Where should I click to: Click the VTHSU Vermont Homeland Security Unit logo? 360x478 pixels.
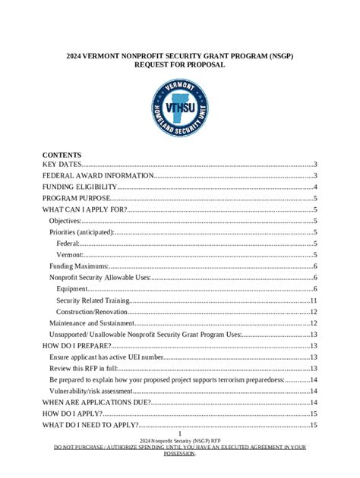(x=180, y=108)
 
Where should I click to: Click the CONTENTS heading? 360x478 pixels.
(x=62, y=154)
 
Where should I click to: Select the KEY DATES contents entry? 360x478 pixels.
(x=62, y=165)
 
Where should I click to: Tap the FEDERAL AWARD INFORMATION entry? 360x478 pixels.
(x=98, y=176)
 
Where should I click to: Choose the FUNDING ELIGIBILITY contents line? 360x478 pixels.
(x=80, y=187)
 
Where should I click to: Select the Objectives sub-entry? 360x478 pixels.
(x=65, y=221)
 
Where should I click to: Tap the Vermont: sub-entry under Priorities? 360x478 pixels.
(x=70, y=255)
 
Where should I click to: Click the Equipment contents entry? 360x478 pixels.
(x=72, y=289)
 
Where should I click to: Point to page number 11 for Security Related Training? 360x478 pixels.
(x=313, y=300)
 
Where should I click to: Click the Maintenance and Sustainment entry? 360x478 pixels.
(x=93, y=323)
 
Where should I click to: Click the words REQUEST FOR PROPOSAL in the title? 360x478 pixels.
(x=179, y=65)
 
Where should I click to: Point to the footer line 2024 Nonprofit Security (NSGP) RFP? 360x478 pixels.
(x=180, y=440)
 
